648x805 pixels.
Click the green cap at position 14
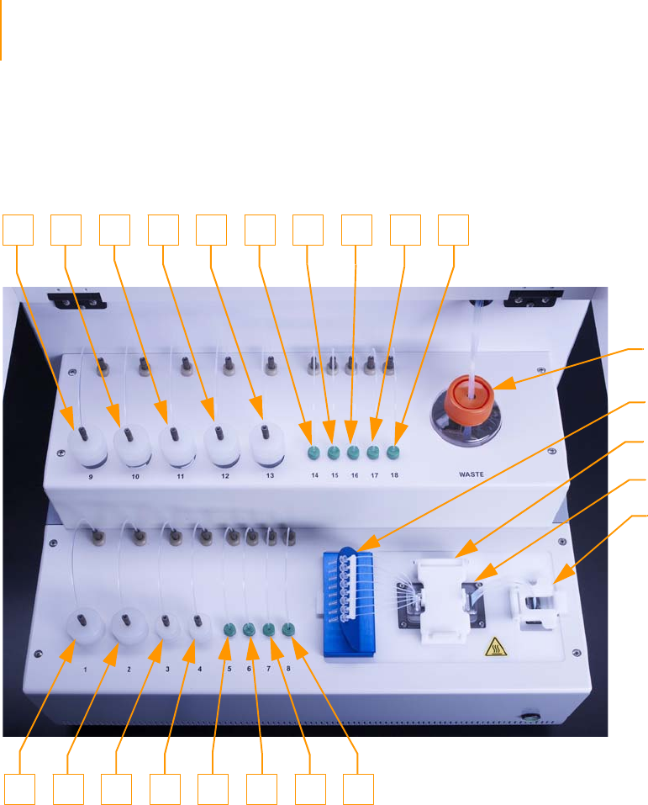click(x=313, y=454)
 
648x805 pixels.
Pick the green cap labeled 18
click(x=392, y=454)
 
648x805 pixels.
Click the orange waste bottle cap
click(x=471, y=396)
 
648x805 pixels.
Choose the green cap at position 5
click(x=228, y=628)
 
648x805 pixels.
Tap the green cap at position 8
click(x=288, y=628)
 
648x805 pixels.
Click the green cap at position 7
click(x=268, y=628)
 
